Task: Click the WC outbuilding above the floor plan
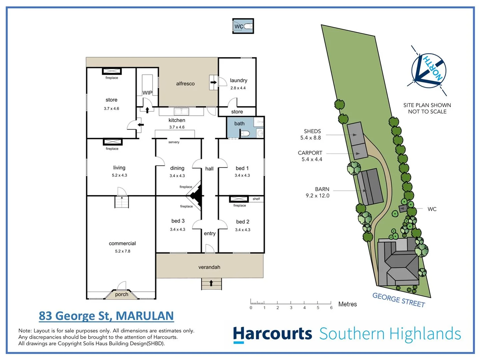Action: (243, 26)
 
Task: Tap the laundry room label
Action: (239, 80)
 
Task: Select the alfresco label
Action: (185, 84)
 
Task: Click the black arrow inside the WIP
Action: (147, 110)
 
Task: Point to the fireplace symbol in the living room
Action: (113, 142)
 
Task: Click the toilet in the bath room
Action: (246, 133)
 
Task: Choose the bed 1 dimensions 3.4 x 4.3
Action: (242, 175)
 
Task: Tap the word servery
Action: (174, 142)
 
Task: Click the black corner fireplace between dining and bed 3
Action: (197, 196)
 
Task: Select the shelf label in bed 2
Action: (256, 199)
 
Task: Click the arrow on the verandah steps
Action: (211, 283)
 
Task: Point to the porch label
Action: (122, 294)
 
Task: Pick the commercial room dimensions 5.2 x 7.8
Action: (123, 251)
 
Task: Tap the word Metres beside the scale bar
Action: (347, 304)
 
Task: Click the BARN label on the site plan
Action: (322, 189)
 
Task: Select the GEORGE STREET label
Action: (399, 300)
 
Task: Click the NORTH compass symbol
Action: (429, 71)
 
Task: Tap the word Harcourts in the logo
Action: (272, 334)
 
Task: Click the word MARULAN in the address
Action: (145, 316)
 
